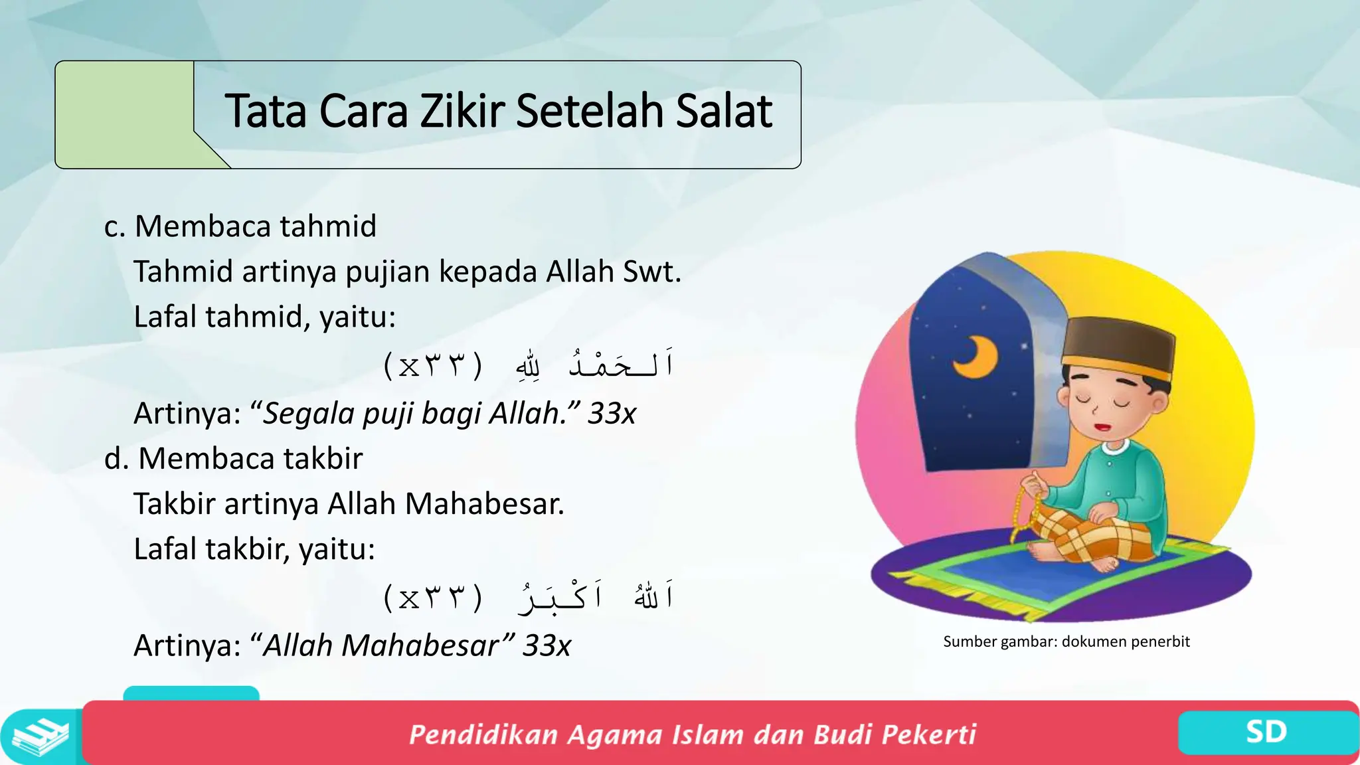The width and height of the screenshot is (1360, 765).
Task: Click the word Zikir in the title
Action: coord(464,111)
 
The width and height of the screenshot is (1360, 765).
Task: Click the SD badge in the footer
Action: coord(1266,732)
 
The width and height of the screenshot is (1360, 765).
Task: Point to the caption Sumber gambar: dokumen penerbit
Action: coord(1066,641)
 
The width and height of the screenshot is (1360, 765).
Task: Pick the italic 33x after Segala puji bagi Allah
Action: coord(612,414)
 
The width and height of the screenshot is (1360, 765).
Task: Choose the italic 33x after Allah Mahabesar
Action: coord(546,645)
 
